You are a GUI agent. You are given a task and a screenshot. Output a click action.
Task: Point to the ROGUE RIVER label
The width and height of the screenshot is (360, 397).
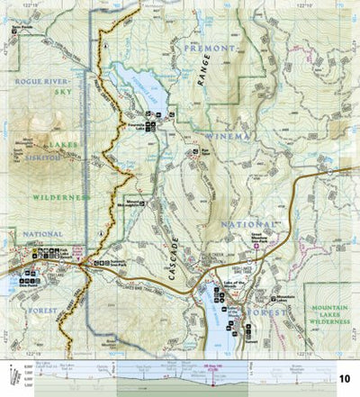tap(36, 80)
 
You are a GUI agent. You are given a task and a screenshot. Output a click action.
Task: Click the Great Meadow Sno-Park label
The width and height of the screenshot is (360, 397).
tap(259, 239)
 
